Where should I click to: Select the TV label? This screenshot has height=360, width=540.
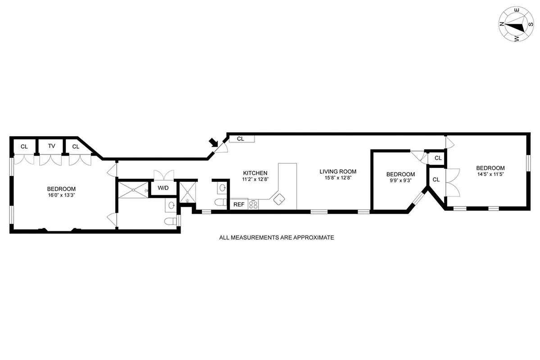[x=52, y=146]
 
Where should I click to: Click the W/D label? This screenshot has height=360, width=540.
[x=163, y=188]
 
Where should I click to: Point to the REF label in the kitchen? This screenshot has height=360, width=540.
[x=238, y=205]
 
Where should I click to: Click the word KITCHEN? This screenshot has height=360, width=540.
[x=255, y=173]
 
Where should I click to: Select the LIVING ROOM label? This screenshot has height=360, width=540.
[x=338, y=171]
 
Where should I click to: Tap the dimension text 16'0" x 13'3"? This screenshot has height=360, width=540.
[x=61, y=195]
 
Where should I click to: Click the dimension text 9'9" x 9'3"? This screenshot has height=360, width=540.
[x=400, y=181]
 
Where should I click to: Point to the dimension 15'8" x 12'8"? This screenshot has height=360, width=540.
[x=338, y=178]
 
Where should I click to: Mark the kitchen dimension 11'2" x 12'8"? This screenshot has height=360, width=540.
[x=255, y=179]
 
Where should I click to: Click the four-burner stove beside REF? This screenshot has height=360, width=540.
[x=254, y=205]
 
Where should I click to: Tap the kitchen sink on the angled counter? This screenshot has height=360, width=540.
[x=279, y=198]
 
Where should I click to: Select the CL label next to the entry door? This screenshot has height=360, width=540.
[x=241, y=139]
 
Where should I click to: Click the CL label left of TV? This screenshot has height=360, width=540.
[x=24, y=146]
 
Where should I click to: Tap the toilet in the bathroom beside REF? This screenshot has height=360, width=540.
[x=220, y=202]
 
